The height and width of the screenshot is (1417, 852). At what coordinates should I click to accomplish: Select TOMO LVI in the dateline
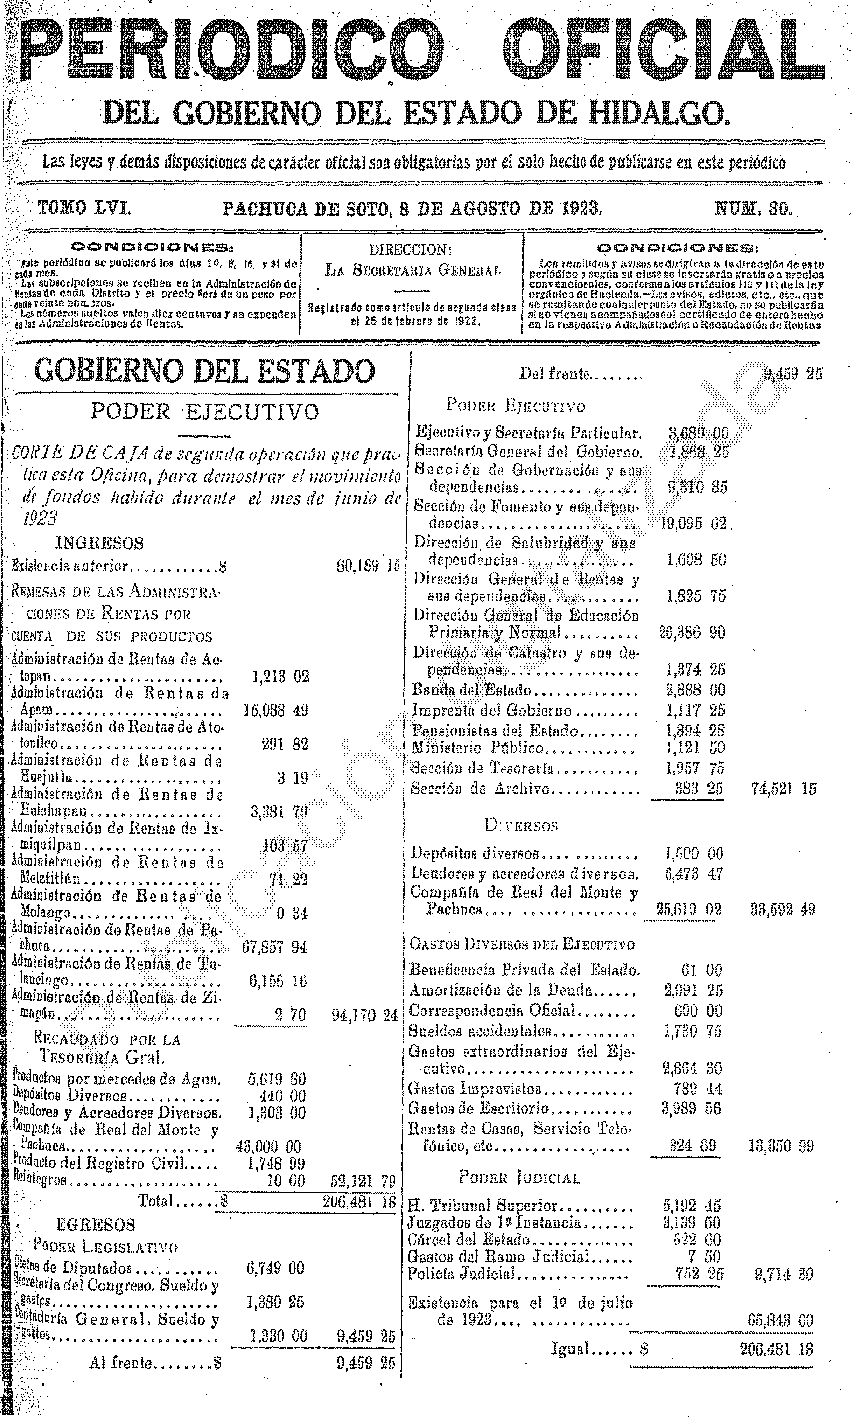point(84,208)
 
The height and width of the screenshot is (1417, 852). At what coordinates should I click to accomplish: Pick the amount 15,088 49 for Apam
point(276,710)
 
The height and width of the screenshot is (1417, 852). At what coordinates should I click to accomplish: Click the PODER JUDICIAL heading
point(519,1178)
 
